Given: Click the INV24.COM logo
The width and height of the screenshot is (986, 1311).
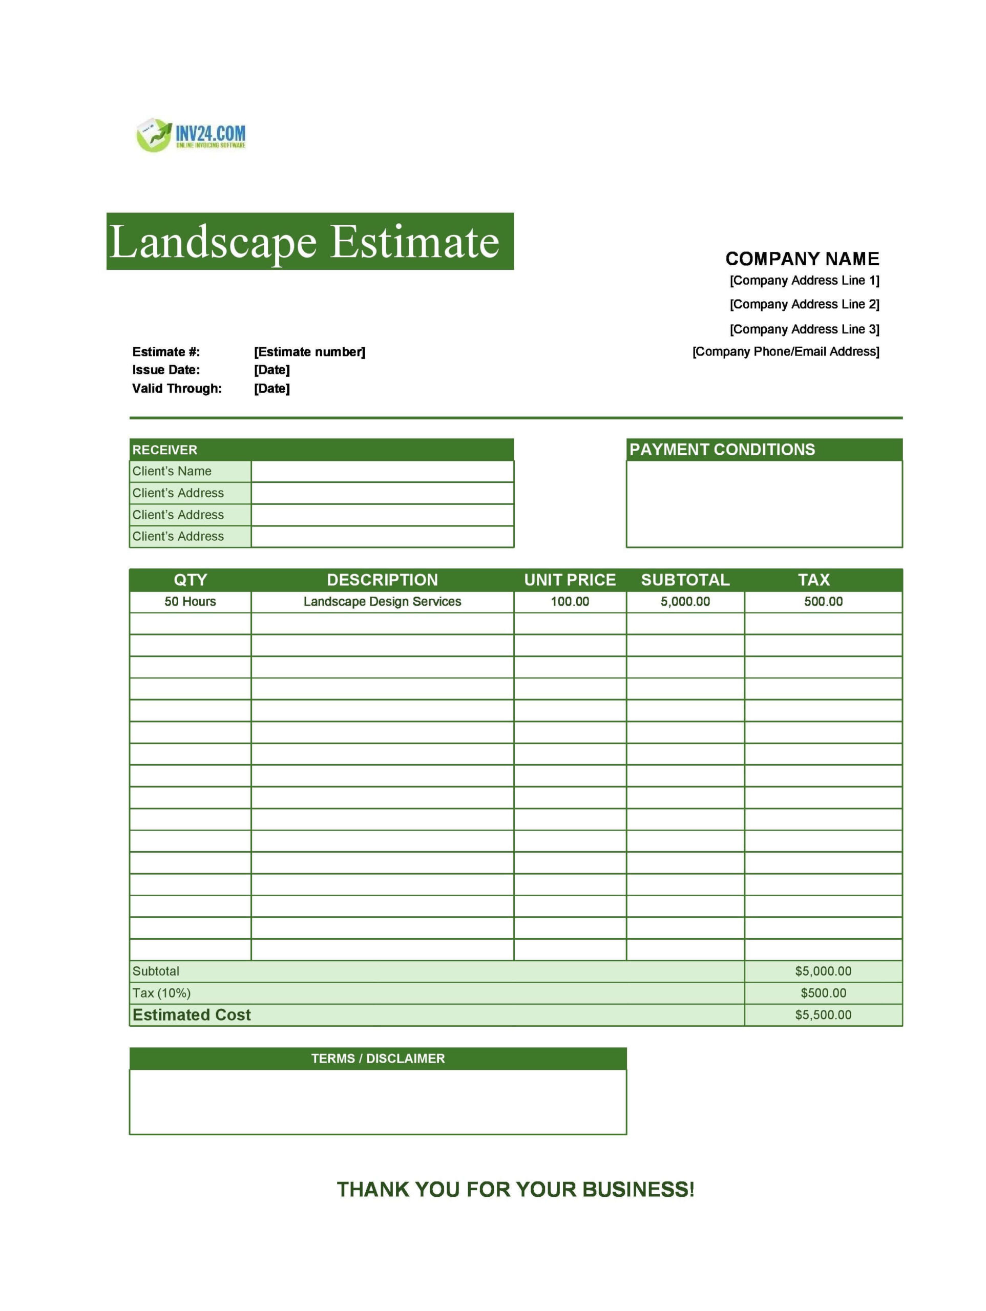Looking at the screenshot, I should coord(191,135).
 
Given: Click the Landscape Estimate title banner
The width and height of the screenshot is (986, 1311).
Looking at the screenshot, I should coord(309,241).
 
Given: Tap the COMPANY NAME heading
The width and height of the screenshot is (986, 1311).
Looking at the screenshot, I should coord(802,259).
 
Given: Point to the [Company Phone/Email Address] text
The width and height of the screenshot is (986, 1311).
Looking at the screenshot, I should coord(785,351).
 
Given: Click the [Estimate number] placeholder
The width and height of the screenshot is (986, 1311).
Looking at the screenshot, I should coord(309,352).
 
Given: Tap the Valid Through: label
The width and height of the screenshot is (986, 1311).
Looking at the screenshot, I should coord(177,388).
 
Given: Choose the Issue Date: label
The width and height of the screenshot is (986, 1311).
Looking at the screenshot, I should coord(166,370).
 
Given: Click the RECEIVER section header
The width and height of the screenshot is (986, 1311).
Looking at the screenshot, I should coord(165,450).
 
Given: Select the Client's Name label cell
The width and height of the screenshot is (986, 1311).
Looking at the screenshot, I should coord(172,471).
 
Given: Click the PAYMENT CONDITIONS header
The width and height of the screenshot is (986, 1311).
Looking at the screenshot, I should coord(722,449).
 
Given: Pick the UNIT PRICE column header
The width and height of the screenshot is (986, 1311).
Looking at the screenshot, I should coord(569,580).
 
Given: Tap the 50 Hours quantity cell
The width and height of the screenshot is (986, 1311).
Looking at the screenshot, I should coord(190,602).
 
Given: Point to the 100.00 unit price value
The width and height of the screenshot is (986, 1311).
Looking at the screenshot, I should coord(569,602).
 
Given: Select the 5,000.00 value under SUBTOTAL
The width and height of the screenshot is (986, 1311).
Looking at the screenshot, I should coord(685,602).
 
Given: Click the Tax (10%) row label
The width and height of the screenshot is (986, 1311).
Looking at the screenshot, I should coord(161,993).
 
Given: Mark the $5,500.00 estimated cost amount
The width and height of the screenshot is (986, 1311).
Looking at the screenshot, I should coord(823,1014).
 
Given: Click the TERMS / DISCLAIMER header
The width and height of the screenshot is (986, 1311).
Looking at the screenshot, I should coord(377,1059).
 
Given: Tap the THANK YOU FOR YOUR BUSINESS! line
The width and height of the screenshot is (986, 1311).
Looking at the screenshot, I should coord(515,1190).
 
